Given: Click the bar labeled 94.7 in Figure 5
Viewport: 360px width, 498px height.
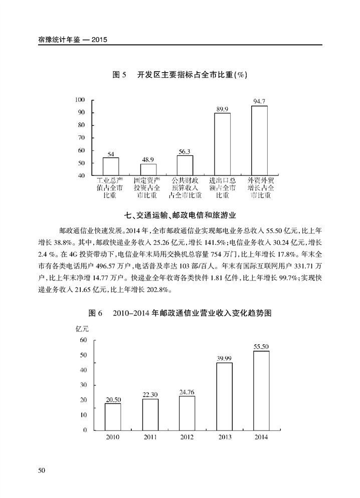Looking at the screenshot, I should tap(259, 141).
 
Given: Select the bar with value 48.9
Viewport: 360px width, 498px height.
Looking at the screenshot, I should tap(148, 170).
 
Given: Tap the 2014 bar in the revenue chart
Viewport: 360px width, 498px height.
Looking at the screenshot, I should tap(261, 390).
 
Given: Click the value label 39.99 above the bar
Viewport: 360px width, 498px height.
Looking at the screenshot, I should tap(224, 358).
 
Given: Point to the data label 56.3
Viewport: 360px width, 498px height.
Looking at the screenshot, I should tap(185, 151).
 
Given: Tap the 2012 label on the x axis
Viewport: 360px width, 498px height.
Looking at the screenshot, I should tap(187, 437).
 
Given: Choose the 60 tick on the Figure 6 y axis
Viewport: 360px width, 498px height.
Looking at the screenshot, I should tap(83, 340).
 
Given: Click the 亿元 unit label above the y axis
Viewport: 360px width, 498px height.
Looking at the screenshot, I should tap(82, 329).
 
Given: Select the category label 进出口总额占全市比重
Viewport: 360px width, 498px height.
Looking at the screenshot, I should tap(222, 188).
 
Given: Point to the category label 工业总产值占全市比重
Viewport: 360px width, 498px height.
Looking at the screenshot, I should tap(110, 188).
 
